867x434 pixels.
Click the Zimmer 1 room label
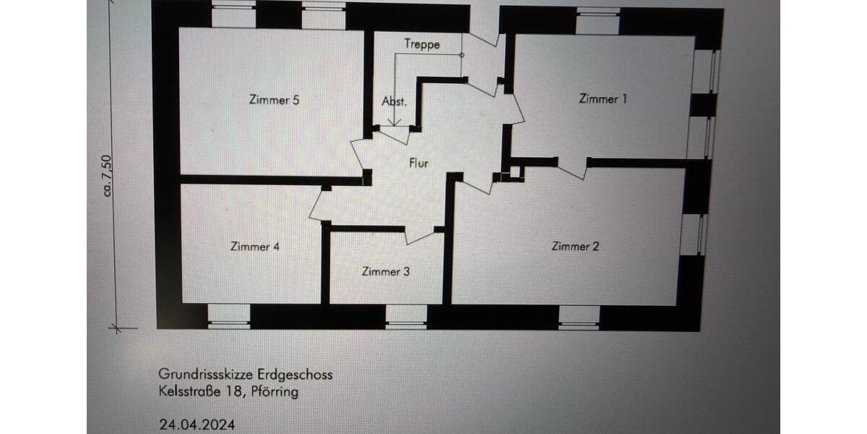pos(603,99)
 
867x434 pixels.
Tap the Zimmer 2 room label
pos(575,247)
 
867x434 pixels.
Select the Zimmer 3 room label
pos(386,272)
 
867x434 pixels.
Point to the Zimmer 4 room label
pos(254,247)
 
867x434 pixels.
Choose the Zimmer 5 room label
pos(274,101)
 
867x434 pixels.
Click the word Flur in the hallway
pos(419,163)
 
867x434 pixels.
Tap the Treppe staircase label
pos(422,43)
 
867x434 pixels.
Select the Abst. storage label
pos(394,101)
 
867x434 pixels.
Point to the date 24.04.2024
pos(197,425)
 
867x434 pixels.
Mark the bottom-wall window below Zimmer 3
pos(406,316)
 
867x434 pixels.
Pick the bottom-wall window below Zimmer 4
pos(228,315)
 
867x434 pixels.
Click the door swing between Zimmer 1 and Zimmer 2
pos(572,169)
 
